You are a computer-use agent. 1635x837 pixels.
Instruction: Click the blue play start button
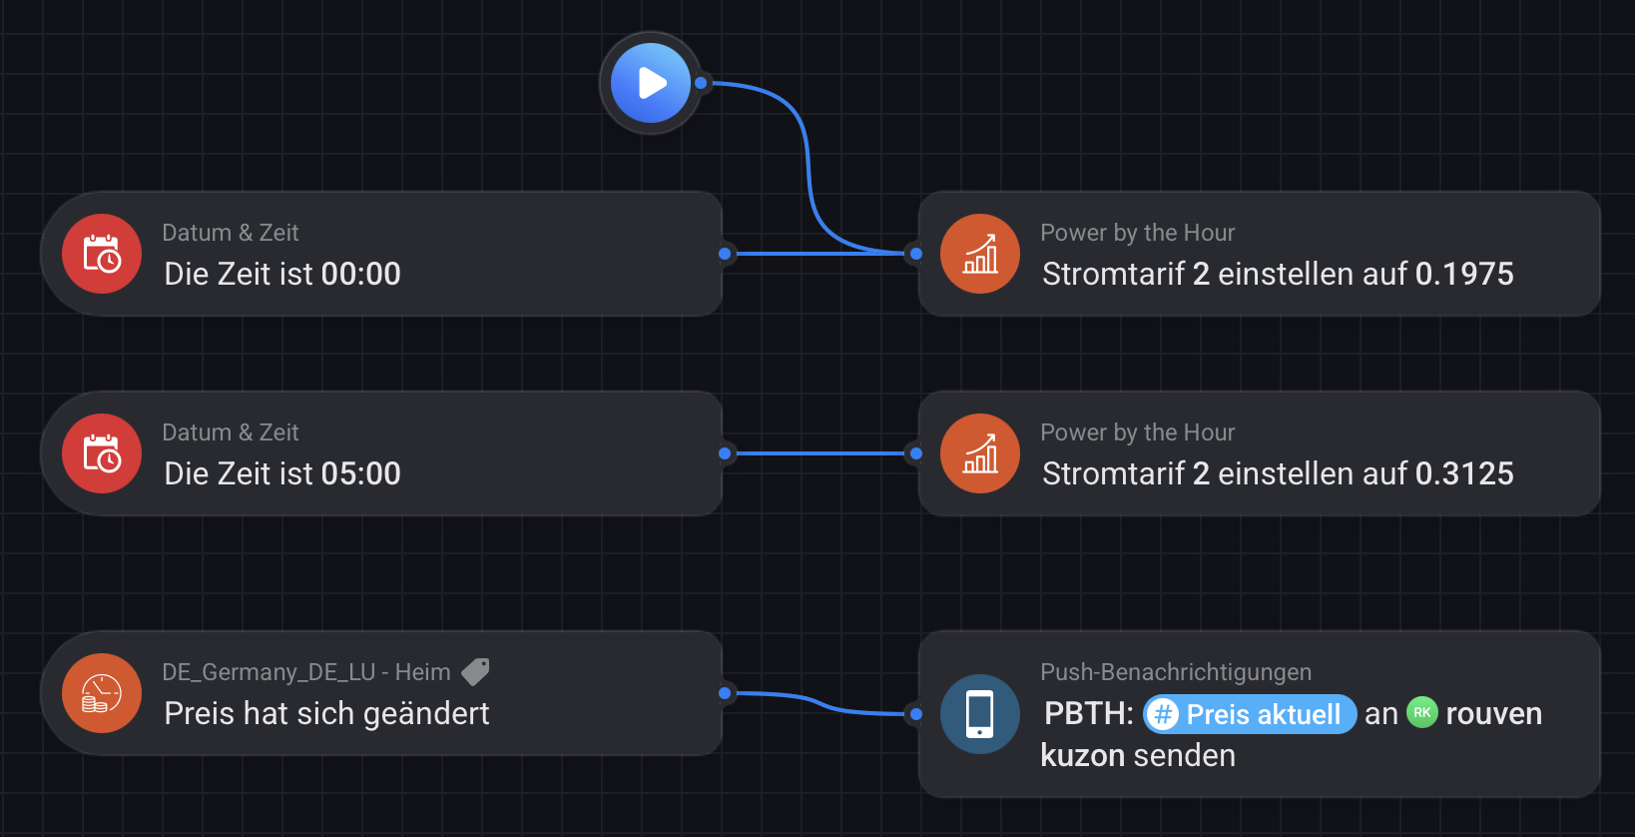pos(651,83)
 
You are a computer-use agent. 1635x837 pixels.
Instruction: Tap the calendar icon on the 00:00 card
pos(102,254)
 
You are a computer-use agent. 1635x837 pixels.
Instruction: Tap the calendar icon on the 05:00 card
pos(102,453)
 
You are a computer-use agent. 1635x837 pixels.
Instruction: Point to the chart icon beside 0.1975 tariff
pos(980,254)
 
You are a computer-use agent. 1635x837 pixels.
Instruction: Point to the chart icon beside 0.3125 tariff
pos(980,453)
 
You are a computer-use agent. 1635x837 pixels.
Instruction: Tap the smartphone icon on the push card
pos(980,714)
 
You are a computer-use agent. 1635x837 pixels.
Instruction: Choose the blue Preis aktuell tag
pos(1250,714)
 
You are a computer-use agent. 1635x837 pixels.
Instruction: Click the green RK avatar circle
pos(1422,712)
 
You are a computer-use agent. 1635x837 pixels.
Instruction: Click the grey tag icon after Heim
pos(475,672)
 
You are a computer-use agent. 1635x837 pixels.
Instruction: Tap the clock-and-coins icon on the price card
pos(102,693)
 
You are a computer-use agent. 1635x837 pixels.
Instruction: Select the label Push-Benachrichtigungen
pos(1176,672)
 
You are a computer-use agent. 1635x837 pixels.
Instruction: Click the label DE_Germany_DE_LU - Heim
pos(306,672)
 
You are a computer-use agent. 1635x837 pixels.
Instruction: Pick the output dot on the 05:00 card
pos(725,453)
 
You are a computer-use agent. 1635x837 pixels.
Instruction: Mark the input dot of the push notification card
pos(916,714)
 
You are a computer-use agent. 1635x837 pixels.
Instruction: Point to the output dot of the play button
pos(701,83)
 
